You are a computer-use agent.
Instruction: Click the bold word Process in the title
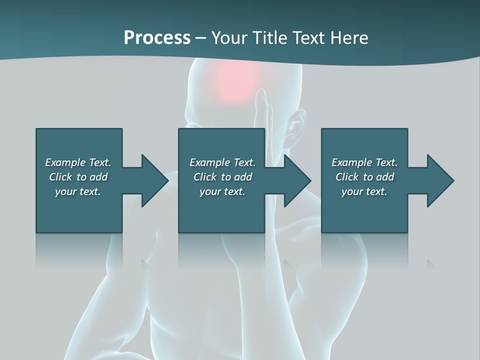point(157,38)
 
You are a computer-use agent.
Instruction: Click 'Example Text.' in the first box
point(78,162)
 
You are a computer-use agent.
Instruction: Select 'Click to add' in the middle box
point(222,177)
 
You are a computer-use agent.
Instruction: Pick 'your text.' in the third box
point(364,191)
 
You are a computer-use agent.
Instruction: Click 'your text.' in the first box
point(78,191)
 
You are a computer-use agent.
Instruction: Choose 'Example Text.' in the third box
point(364,162)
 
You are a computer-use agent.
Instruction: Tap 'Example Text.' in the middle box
point(222,162)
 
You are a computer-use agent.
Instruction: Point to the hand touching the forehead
point(262,107)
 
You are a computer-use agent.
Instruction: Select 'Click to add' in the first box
point(78,177)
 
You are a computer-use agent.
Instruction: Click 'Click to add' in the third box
point(364,177)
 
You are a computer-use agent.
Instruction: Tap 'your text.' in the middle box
point(222,191)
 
